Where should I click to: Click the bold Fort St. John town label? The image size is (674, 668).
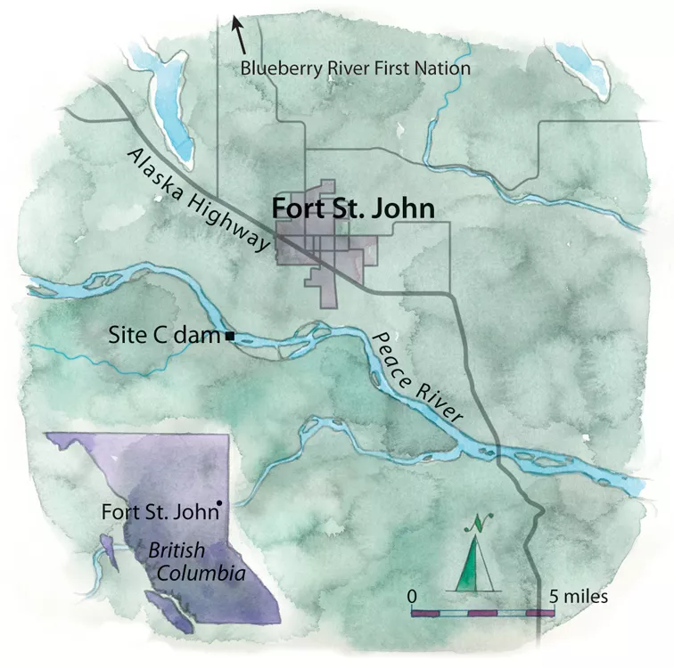click(352, 210)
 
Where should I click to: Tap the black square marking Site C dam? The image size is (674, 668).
click(230, 336)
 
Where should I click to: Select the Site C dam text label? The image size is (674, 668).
click(164, 336)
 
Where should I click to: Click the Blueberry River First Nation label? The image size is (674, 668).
click(357, 68)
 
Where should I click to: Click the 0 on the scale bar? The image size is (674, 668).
click(413, 594)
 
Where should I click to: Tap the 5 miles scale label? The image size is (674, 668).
click(579, 596)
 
